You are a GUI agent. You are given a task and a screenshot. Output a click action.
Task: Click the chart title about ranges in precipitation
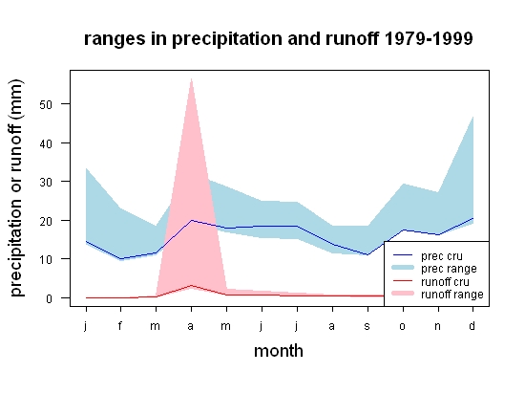(x=278, y=38)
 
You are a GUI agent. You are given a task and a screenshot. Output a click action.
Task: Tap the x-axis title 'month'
(x=279, y=351)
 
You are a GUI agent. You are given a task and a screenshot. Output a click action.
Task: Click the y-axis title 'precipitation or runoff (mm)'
(x=16, y=187)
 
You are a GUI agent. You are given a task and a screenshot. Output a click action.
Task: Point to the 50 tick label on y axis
(x=46, y=104)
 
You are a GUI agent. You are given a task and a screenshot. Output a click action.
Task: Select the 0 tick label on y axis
(x=50, y=298)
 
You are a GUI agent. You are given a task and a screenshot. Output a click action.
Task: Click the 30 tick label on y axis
(x=46, y=182)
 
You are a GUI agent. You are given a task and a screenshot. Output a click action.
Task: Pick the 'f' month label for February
(x=120, y=325)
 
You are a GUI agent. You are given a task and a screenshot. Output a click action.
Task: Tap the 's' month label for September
(x=367, y=326)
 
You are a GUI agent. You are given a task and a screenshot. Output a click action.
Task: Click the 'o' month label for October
(x=403, y=326)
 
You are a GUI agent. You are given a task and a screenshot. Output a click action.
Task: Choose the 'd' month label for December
(x=472, y=325)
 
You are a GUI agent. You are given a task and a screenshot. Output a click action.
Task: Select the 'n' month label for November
(x=437, y=326)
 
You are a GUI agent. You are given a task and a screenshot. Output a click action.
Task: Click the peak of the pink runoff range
(x=191, y=78)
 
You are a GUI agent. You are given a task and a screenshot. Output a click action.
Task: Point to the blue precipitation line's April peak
(x=191, y=220)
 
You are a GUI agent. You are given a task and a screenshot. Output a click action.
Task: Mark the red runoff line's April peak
(x=191, y=285)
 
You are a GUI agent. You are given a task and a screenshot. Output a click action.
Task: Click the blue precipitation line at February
(x=120, y=259)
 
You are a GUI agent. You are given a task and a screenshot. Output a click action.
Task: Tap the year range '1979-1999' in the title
(x=429, y=38)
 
